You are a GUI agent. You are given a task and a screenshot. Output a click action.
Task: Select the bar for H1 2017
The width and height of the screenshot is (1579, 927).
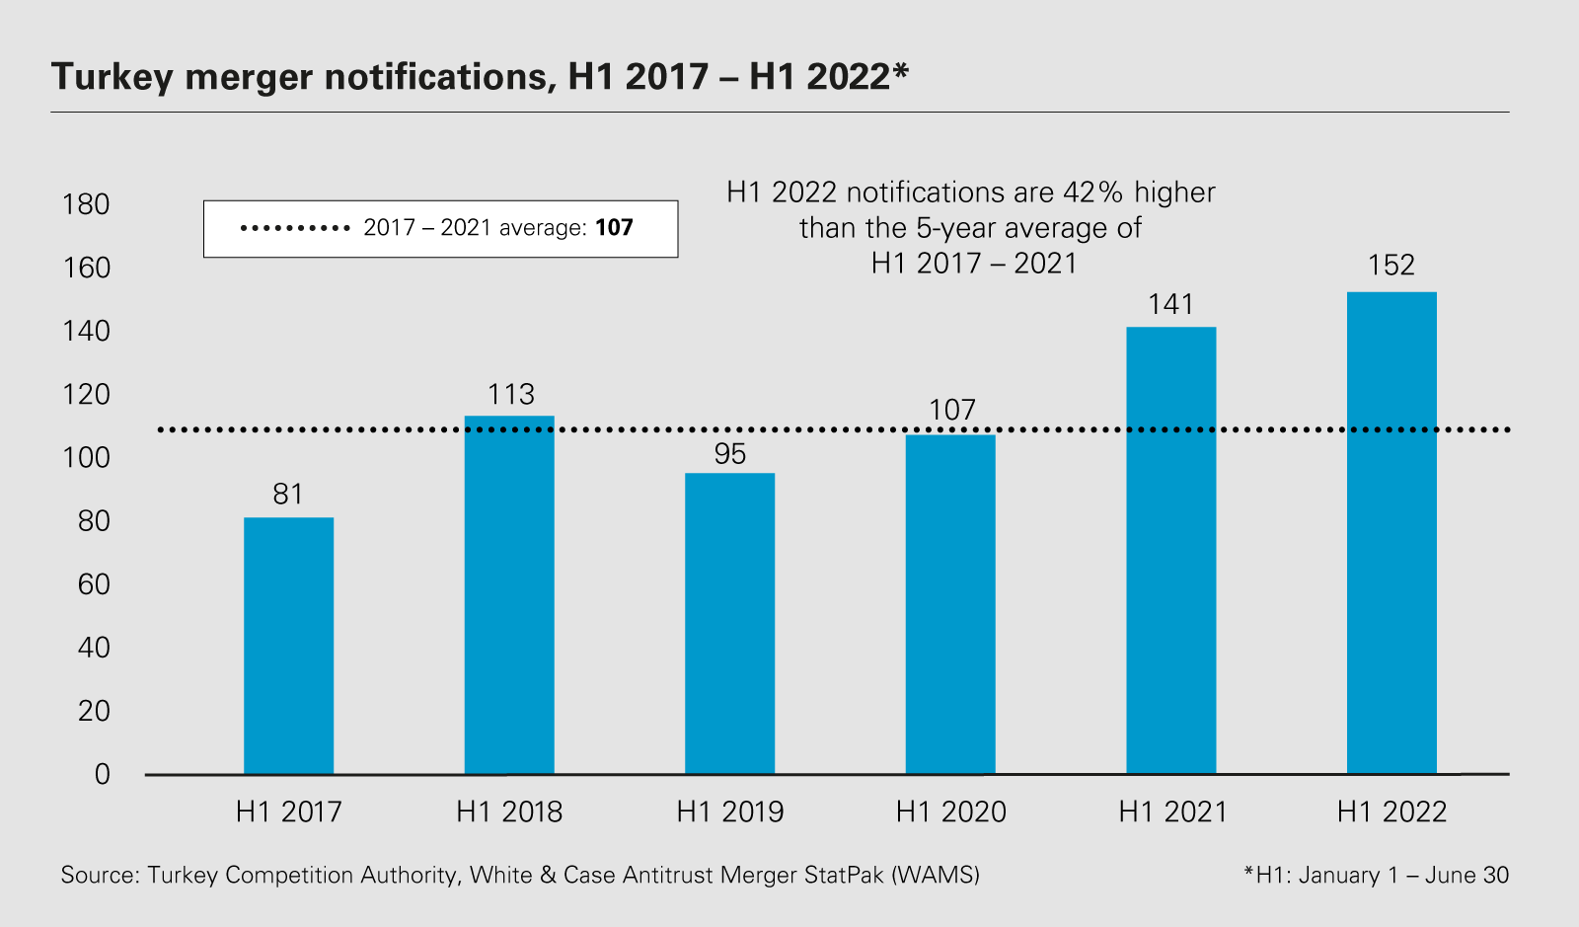click(x=288, y=646)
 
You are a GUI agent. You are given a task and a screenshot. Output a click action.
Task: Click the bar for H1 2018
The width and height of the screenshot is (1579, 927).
click(x=509, y=594)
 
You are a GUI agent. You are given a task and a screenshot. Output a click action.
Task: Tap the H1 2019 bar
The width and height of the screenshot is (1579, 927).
click(x=729, y=623)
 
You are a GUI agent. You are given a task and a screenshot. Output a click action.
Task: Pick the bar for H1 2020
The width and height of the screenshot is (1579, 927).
click(x=950, y=604)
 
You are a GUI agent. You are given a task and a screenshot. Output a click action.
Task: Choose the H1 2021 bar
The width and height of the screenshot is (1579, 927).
click(x=1170, y=550)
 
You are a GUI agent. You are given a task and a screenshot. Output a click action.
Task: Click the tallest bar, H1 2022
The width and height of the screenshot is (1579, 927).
click(x=1391, y=533)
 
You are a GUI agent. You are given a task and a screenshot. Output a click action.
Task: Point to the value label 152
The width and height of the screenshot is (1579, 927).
click(x=1391, y=265)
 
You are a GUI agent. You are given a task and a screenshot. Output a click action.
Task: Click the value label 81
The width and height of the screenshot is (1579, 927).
click(x=288, y=494)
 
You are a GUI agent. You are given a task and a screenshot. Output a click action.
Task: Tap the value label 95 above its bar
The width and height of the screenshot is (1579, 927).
click(x=730, y=454)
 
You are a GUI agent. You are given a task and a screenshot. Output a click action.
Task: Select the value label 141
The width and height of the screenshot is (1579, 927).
click(x=1170, y=304)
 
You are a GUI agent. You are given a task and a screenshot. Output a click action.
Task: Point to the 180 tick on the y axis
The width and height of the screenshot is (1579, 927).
click(x=86, y=204)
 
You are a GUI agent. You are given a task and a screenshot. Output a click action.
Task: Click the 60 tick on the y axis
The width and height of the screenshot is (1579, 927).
click(x=94, y=584)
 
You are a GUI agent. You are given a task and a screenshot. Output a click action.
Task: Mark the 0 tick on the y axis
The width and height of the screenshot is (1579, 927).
click(x=103, y=774)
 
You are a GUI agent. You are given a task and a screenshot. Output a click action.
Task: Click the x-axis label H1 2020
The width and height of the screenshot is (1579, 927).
click(x=951, y=811)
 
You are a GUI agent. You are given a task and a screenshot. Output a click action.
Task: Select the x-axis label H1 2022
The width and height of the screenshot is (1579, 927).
click(x=1391, y=811)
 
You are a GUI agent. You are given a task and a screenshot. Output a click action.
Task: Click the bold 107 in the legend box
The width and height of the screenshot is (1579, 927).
click(x=614, y=228)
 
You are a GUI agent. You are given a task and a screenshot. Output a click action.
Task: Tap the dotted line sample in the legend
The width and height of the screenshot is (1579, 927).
click(x=295, y=228)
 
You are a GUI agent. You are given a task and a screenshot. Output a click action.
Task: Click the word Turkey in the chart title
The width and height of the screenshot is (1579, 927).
click(x=113, y=76)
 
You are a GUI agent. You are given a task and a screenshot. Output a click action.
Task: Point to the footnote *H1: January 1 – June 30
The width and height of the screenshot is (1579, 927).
click(x=1377, y=875)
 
